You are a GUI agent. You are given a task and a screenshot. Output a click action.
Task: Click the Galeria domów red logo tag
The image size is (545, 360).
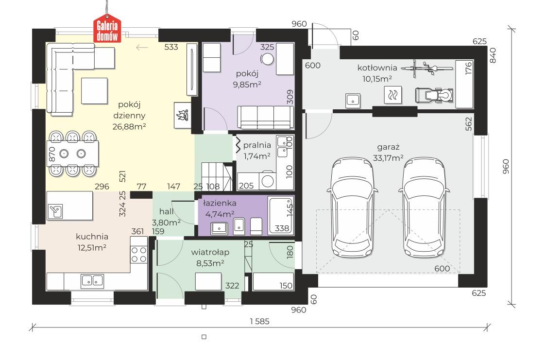pyautogui.click(x=107, y=29)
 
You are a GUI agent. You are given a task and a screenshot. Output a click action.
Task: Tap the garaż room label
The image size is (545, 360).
pyautogui.click(x=388, y=147)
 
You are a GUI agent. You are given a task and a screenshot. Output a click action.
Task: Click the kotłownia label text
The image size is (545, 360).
pyautogui.click(x=377, y=68)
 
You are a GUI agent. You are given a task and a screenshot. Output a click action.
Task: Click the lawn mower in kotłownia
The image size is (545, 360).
pyautogui.click(x=434, y=95)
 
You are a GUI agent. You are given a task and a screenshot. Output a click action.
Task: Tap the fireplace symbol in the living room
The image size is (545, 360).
pyautogui.click(x=183, y=116)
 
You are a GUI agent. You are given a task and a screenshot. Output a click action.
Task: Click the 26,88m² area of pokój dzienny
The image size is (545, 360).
pyautogui.click(x=129, y=126)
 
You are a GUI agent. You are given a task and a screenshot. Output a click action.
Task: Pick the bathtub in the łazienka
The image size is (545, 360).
pyautogui.click(x=281, y=215)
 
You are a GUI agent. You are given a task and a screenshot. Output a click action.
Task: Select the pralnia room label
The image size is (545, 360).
pyautogui.click(x=257, y=145)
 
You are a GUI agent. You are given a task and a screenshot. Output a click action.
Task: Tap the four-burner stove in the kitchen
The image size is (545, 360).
pyautogui.click(x=139, y=254)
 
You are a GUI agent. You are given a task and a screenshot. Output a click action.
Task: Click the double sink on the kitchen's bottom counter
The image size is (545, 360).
pyautogui.click(x=92, y=281)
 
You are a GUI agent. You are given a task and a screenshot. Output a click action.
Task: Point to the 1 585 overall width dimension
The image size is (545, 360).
pyautogui.click(x=260, y=322)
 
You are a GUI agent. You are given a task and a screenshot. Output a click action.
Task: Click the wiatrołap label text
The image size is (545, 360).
pyautogui.click(x=210, y=252)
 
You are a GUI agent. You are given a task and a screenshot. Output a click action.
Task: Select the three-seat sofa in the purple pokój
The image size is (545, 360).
pyautogui.click(x=265, y=118)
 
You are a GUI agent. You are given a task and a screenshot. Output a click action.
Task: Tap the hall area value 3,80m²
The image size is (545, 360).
pyautogui.click(x=166, y=222)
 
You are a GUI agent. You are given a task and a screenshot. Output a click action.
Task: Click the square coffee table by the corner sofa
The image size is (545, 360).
pyautogui.click(x=94, y=91)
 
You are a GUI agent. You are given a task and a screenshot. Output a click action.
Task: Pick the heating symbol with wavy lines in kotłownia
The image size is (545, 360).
pyautogui.click(x=393, y=95)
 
